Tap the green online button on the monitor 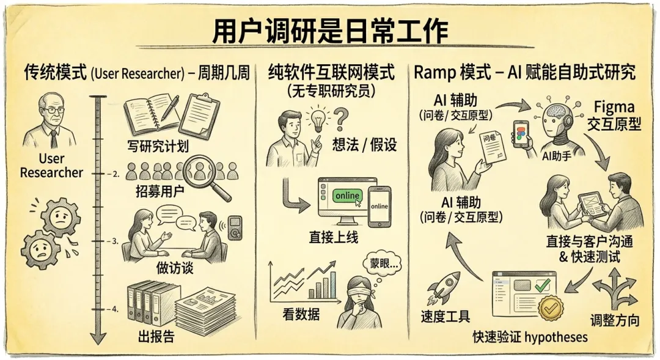pos(346,196)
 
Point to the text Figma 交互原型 pos(614,116)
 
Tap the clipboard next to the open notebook pos(199,114)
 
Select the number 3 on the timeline pos(114,241)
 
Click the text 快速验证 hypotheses pos(530,337)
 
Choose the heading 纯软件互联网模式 pos(331,73)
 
